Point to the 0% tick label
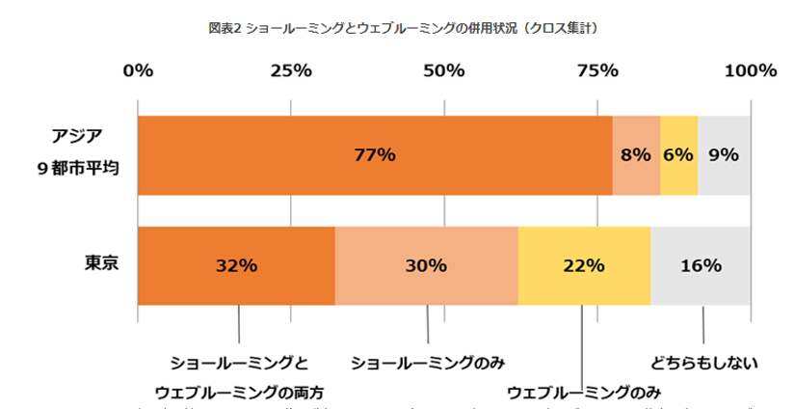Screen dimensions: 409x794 pyautogui.click(x=139, y=70)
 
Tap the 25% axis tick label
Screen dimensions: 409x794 pyautogui.click(x=290, y=70)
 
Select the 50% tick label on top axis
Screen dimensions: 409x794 pyautogui.click(x=443, y=70)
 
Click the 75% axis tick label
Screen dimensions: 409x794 pyautogui.click(x=596, y=70)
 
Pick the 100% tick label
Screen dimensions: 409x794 pyautogui.click(x=749, y=70)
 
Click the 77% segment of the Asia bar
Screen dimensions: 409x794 pyautogui.click(x=375, y=155)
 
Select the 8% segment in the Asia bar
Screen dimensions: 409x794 pyautogui.click(x=636, y=155)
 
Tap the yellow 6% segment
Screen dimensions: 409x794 pyautogui.click(x=678, y=155)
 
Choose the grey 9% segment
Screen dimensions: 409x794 pyautogui.click(x=724, y=155)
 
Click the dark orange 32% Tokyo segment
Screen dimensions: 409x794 pyautogui.click(x=236, y=266)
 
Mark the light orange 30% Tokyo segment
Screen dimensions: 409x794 pyautogui.click(x=426, y=266)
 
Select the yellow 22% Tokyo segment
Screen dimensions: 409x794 pyautogui.click(x=584, y=266)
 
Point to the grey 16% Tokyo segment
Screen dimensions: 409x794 pyautogui.click(x=701, y=266)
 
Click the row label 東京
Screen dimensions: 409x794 pyautogui.click(x=95, y=263)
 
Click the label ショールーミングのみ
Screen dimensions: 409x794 pyautogui.click(x=428, y=363)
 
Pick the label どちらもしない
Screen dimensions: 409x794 pyautogui.click(x=703, y=363)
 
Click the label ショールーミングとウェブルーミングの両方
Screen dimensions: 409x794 pyautogui.click(x=239, y=378)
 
